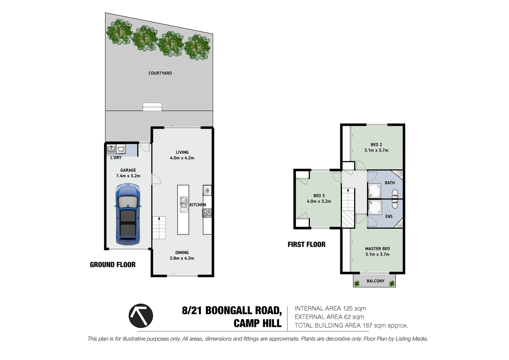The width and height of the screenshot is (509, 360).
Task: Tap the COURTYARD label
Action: tap(160, 73)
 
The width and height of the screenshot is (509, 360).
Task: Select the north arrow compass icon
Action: tap(141, 316)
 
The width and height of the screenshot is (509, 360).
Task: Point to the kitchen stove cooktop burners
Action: tap(207, 213)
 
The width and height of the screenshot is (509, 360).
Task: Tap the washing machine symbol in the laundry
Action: tap(121, 149)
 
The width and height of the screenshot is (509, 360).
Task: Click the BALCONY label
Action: tap(375, 281)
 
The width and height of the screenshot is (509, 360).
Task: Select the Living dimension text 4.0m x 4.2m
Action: tap(182, 158)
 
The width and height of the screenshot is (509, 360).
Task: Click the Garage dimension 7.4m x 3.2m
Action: tap(128, 176)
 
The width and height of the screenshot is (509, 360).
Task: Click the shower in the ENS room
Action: tap(374, 207)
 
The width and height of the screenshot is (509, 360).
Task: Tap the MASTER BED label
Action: tap(377, 249)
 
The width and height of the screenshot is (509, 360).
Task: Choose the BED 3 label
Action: tap(319, 196)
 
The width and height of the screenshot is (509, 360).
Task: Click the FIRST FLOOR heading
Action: tap(306, 244)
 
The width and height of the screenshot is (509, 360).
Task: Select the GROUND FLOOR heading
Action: tap(113, 265)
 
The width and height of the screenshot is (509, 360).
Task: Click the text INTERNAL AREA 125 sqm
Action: tap(330, 309)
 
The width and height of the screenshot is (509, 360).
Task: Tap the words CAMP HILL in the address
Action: tap(257, 323)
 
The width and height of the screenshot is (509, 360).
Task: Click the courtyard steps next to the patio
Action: tap(152, 107)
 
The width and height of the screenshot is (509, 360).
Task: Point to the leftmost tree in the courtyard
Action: tap(119, 32)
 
